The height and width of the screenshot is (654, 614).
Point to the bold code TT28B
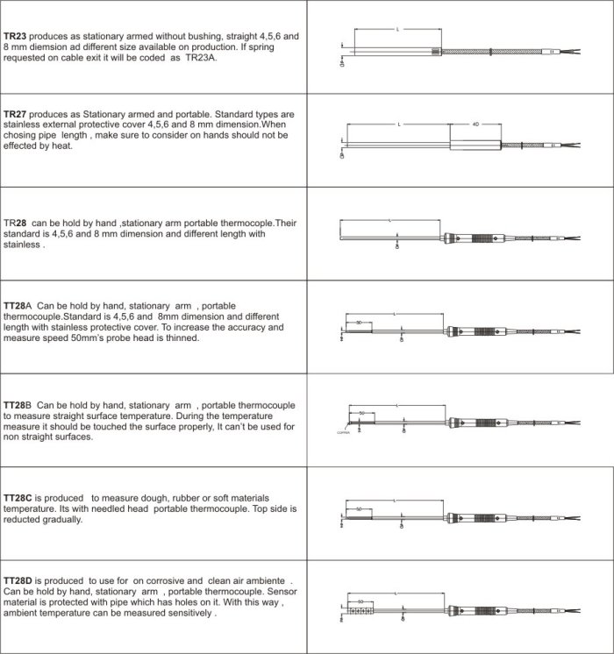[19, 405]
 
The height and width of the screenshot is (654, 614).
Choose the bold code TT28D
[19, 581]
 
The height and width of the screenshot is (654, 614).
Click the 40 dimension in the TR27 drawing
[475, 124]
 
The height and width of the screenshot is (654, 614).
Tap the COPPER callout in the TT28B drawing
[344, 433]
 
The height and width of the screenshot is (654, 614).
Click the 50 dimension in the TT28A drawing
[359, 323]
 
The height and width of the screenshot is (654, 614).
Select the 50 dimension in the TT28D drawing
[361, 601]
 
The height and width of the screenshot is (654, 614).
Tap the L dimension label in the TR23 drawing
[398, 29]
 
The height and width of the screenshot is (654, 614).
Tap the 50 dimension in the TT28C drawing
[360, 508]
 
